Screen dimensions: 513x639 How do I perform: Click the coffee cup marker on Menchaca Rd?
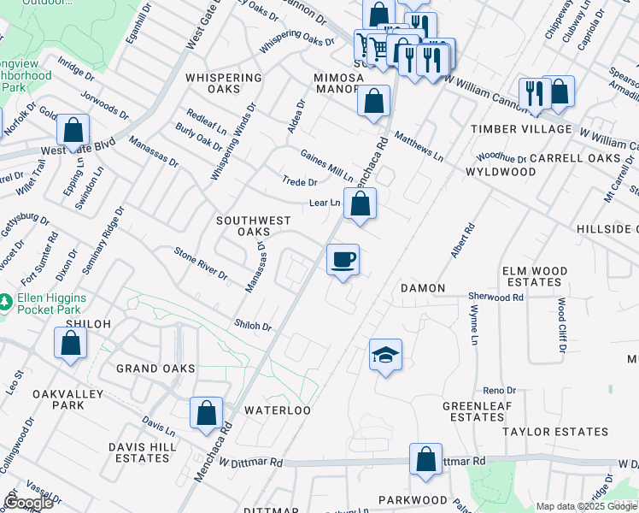point(343,260)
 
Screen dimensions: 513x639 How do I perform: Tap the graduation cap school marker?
point(385,355)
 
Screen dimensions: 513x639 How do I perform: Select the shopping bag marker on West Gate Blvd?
point(73,132)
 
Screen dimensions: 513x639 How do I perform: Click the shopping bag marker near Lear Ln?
point(361,204)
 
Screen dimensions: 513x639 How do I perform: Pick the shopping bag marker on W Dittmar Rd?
point(425,459)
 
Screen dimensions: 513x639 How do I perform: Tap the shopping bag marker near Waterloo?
point(207,414)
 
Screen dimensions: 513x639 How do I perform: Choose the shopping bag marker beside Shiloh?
point(70,342)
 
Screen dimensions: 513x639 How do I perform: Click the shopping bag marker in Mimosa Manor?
point(373,101)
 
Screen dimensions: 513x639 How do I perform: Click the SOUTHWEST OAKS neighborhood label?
point(243,226)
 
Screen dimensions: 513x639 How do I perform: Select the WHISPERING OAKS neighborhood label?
point(223,83)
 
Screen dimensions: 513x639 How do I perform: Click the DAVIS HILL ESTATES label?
point(142,452)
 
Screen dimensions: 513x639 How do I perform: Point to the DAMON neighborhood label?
point(423,289)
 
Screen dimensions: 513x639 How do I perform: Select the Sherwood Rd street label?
point(495,297)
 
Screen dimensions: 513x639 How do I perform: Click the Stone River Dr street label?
point(201,263)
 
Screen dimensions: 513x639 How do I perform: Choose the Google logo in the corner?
point(27,502)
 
